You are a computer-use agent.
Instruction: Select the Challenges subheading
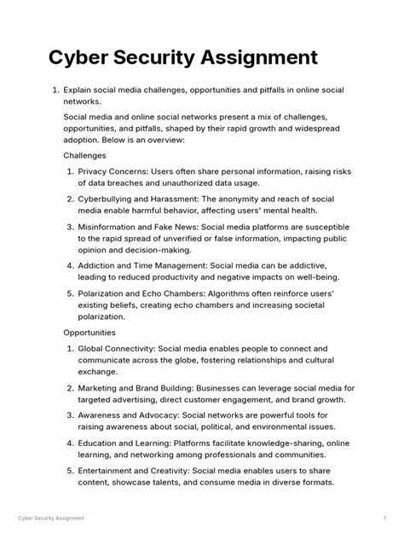84,156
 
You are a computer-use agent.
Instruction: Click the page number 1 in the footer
385,518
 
